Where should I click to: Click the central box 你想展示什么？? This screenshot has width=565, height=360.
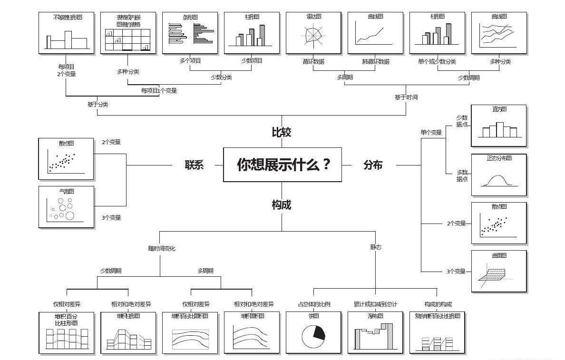[x=282, y=165]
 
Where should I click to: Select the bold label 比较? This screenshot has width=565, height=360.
[x=281, y=133]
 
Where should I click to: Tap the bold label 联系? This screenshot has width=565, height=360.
[x=194, y=165]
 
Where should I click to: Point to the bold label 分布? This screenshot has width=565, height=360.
[x=373, y=165]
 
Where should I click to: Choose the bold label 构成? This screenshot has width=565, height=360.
[x=281, y=205]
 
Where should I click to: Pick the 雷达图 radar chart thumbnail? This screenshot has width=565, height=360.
[x=313, y=33]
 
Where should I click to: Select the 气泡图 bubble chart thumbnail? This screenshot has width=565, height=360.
[x=66, y=207]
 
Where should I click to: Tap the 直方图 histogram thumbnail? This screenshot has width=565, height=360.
[x=498, y=126]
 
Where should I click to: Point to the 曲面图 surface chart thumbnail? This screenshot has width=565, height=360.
[x=498, y=271]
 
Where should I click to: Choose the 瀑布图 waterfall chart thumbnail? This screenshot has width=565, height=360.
[x=375, y=332]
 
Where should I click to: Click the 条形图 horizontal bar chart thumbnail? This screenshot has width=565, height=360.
[x=190, y=33]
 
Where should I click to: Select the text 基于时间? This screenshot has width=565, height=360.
[x=406, y=97]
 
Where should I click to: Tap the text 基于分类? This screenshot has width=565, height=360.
[x=97, y=104]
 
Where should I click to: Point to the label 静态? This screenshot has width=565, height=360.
[x=376, y=247]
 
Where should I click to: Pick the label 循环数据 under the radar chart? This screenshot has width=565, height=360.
[x=313, y=61]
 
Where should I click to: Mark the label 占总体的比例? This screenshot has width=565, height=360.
[x=314, y=304]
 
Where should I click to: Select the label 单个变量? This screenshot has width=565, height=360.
[x=431, y=133]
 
